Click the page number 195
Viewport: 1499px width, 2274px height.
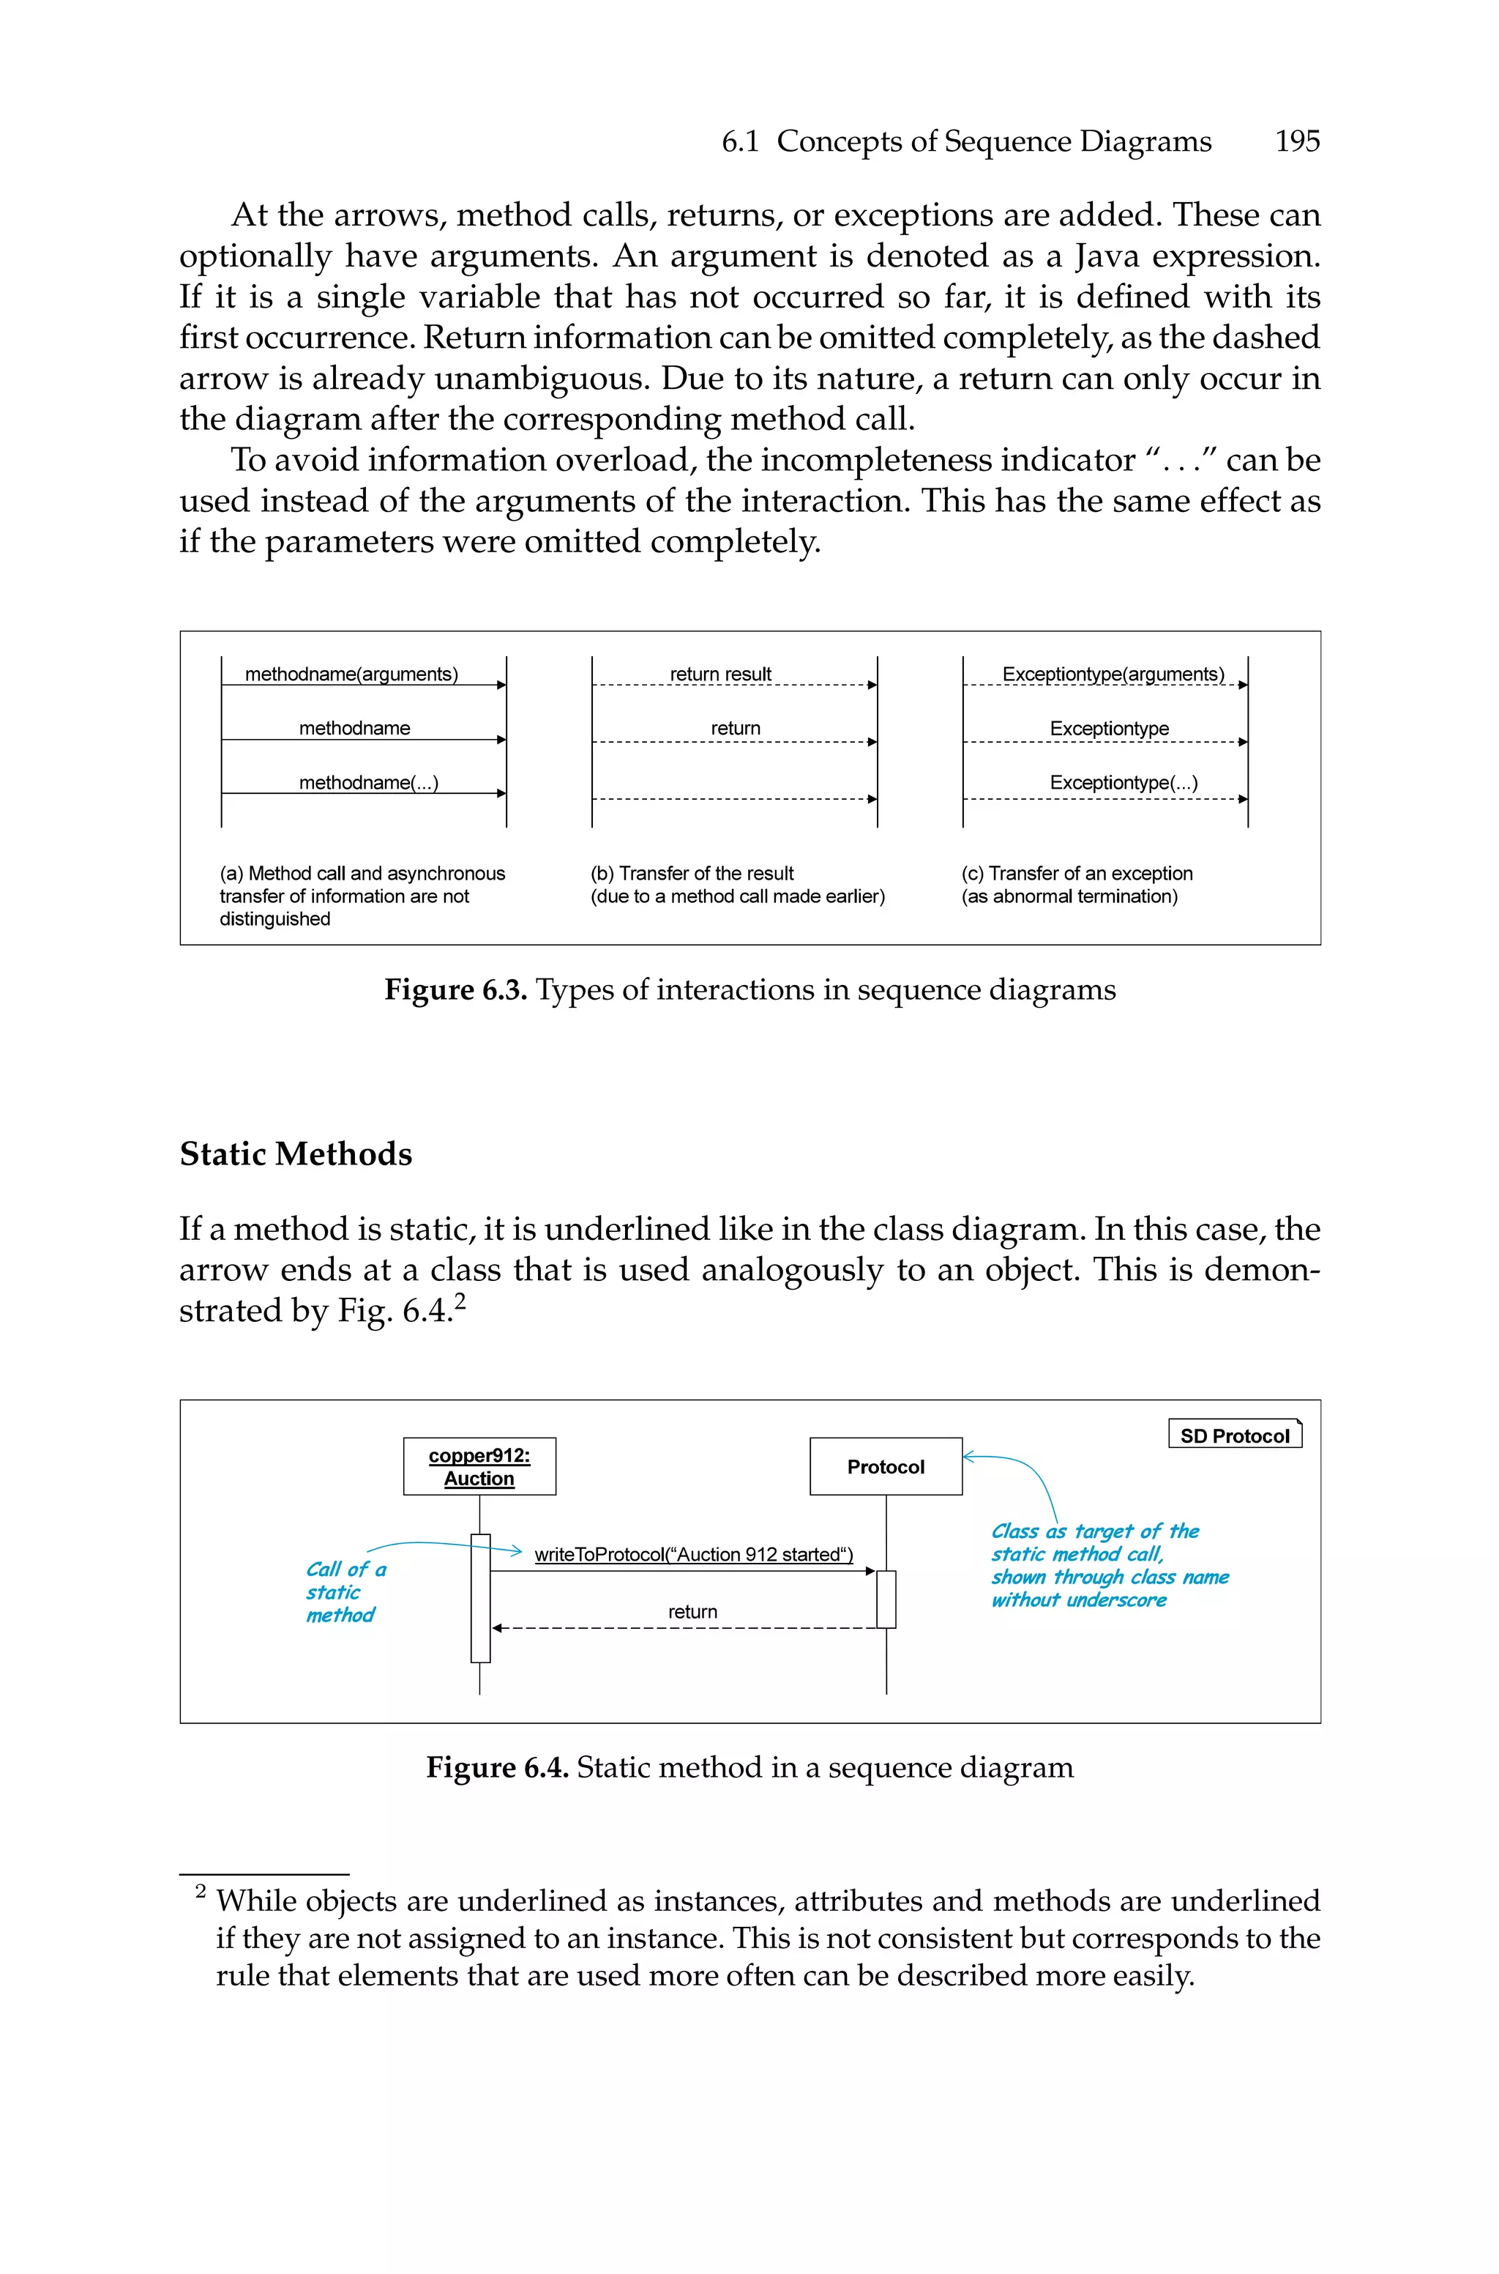click(x=1296, y=141)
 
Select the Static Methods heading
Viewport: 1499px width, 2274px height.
click(x=296, y=1153)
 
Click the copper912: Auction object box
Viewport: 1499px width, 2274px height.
click(x=479, y=1466)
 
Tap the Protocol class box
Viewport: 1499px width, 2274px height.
click(x=885, y=1466)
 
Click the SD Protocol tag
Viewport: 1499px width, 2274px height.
click(x=1234, y=1435)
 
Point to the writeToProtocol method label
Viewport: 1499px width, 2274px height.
click(x=693, y=1554)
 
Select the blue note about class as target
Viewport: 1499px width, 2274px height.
click(x=1109, y=1564)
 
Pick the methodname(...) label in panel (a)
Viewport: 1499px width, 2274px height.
click(x=368, y=782)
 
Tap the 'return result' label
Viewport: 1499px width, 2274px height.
click(x=720, y=675)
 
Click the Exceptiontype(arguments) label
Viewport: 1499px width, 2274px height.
click(x=1113, y=675)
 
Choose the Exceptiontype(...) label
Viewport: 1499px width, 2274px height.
click(x=1124, y=782)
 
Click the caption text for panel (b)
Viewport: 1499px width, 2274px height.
click(x=737, y=885)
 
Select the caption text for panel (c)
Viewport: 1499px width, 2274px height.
click(x=1077, y=885)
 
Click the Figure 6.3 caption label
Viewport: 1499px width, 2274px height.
click(x=455, y=989)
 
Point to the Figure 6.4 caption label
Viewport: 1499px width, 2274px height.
click(x=497, y=1766)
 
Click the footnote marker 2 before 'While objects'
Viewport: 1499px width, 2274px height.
click(x=201, y=1890)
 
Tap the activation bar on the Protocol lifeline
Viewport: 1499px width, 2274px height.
click(x=886, y=1598)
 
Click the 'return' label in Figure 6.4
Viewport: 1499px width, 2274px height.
click(x=692, y=1611)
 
